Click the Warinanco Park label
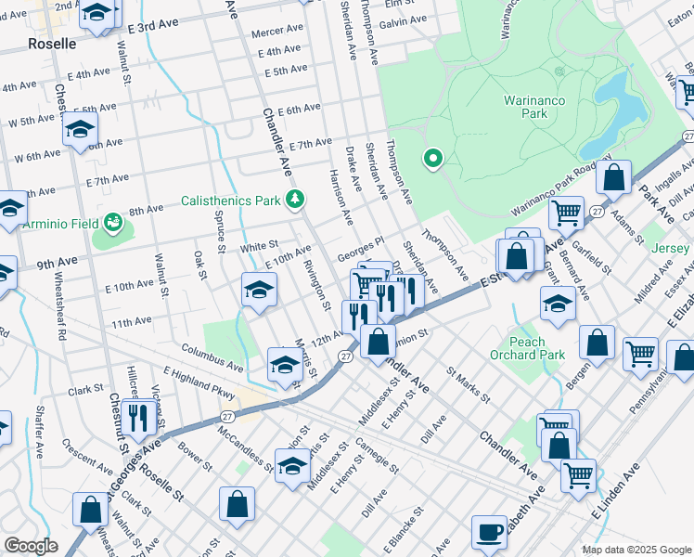538,107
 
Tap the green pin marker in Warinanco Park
431,160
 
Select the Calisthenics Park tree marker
295,199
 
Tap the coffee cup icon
489,533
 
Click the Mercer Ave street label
277,30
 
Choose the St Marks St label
468,384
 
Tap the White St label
252,248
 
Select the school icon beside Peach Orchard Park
558,305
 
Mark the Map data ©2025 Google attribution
636,550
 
